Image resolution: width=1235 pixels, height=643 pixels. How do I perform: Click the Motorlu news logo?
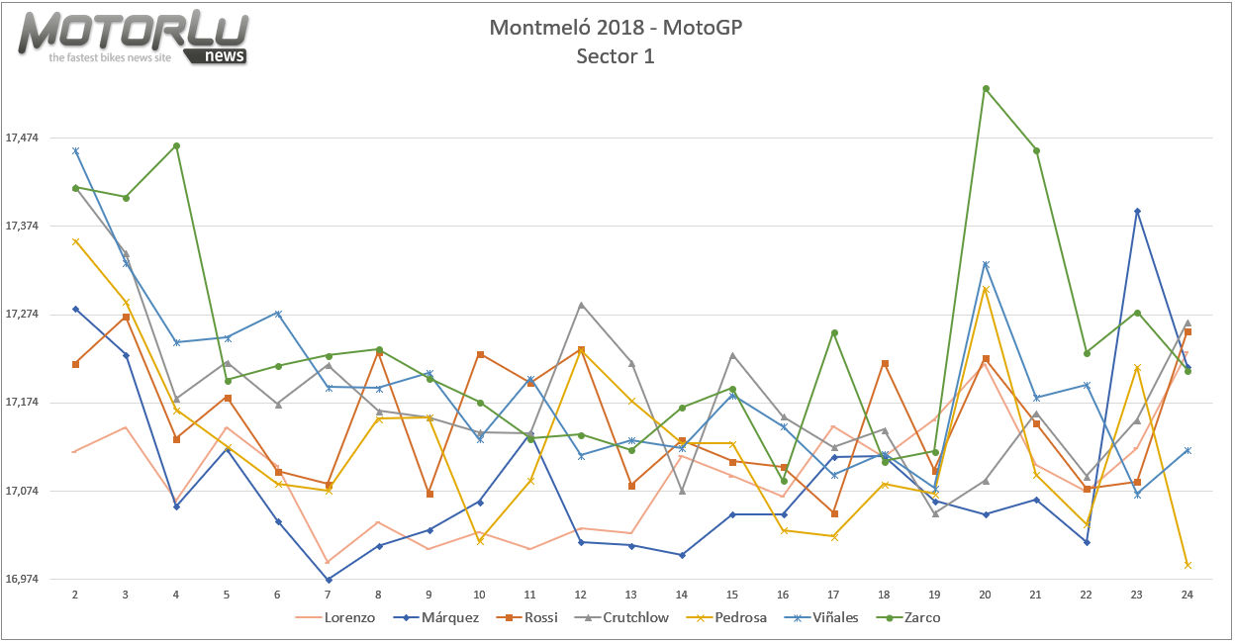[134, 39]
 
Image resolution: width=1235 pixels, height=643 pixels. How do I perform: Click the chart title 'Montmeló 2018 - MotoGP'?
[616, 27]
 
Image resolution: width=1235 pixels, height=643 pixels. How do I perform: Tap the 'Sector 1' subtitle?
[616, 56]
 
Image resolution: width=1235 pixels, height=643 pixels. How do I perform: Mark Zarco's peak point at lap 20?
[986, 88]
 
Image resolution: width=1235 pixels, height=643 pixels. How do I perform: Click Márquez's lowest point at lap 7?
[328, 580]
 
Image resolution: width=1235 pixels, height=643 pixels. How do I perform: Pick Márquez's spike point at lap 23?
[1137, 211]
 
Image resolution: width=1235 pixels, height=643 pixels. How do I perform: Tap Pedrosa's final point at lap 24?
[1187, 565]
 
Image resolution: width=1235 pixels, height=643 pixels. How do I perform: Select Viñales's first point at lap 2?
[75, 150]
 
